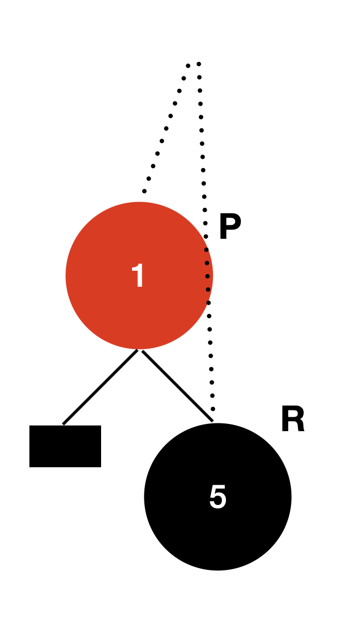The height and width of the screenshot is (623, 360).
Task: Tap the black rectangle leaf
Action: pyautogui.click(x=65, y=446)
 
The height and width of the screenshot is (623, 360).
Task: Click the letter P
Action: pyautogui.click(x=230, y=227)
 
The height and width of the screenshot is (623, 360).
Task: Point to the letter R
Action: pyautogui.click(x=292, y=420)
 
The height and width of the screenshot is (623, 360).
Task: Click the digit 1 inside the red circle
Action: pyautogui.click(x=139, y=276)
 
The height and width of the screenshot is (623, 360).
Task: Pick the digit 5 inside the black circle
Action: pyautogui.click(x=218, y=497)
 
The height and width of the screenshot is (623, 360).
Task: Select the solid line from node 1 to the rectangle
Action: pyautogui.click(x=100, y=387)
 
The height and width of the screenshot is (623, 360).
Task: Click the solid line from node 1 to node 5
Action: pyautogui.click(x=177, y=386)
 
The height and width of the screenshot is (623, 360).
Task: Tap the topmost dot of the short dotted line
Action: pyautogui.click(x=188, y=65)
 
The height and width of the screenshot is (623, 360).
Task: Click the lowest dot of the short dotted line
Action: pyautogui.click(x=144, y=191)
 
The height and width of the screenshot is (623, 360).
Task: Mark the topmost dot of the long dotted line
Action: pyautogui.click(x=199, y=64)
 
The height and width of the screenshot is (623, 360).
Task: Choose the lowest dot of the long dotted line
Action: pyautogui.click(x=212, y=409)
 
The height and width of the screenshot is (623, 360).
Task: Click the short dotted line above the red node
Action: pyautogui.click(x=166, y=128)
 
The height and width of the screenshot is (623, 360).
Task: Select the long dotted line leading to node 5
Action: pyautogui.click(x=203, y=170)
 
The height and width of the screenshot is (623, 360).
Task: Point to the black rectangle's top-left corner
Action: pyautogui.click(x=30, y=426)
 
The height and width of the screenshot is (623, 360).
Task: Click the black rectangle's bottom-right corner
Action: pyautogui.click(x=101, y=467)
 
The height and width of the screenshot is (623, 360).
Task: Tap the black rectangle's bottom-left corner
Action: pyautogui.click(x=30, y=467)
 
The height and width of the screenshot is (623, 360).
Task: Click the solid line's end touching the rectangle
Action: pyautogui.click(x=63, y=424)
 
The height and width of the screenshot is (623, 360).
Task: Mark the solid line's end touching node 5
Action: pyautogui.click(x=212, y=421)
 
